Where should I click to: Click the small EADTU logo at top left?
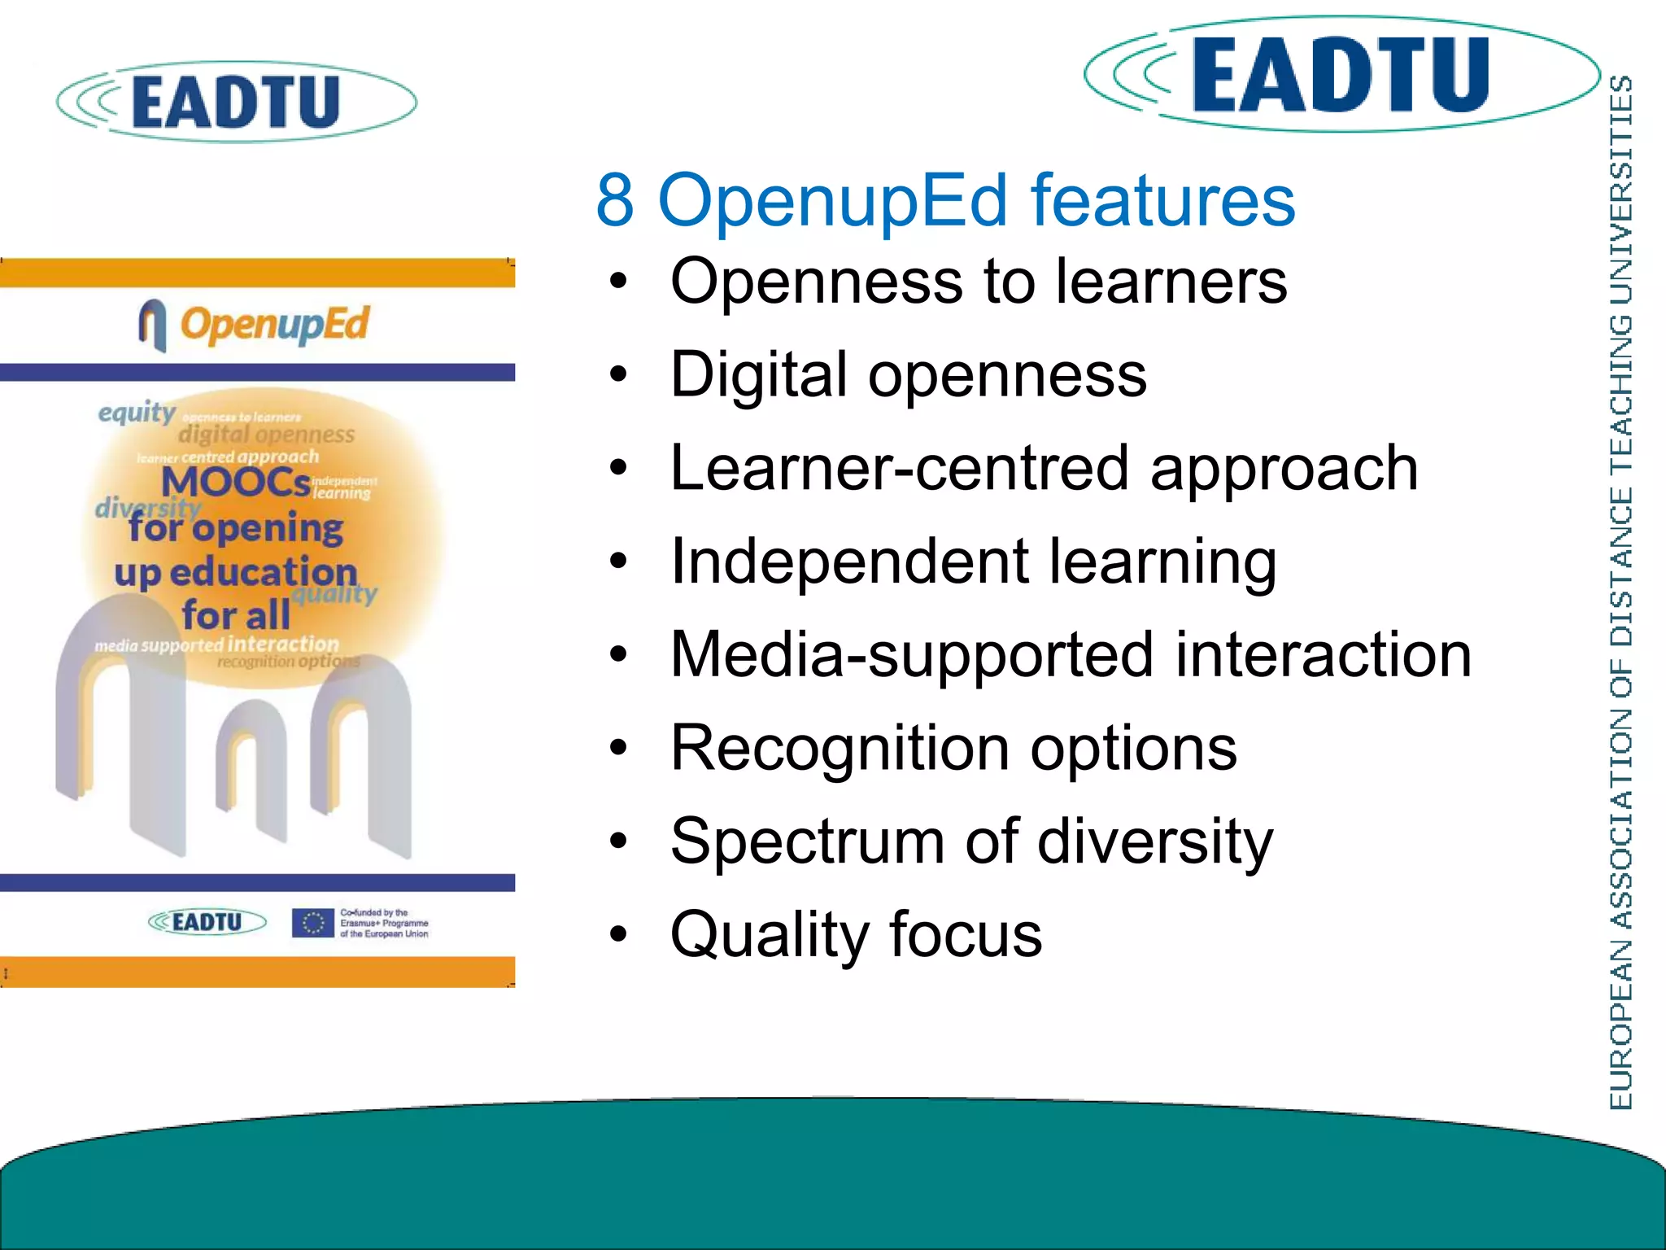click(x=236, y=102)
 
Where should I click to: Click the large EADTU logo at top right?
click(x=1341, y=75)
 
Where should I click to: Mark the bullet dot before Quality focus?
click(x=619, y=935)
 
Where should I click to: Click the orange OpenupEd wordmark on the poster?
click(x=274, y=325)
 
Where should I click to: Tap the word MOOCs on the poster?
click(x=236, y=482)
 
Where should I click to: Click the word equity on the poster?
click(x=137, y=413)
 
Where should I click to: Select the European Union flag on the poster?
click(x=313, y=923)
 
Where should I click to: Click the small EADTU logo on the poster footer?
click(x=207, y=922)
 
